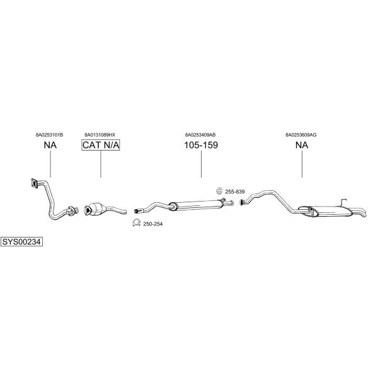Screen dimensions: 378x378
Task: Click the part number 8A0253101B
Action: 49,135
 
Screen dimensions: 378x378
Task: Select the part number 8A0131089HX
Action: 100,135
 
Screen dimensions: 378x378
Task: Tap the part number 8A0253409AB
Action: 200,135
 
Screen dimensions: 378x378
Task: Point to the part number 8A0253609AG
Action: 301,135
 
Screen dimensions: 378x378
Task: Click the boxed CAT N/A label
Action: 101,145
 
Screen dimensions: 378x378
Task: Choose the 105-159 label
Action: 201,145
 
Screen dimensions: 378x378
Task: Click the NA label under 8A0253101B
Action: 50,145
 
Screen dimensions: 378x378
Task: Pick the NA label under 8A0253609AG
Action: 302,145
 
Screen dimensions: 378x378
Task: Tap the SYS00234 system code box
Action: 21,241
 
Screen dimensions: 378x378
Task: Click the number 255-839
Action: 235,192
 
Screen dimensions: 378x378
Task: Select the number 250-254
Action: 153,224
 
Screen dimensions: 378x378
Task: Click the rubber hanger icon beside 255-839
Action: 219,191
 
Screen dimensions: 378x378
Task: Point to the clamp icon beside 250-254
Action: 137,223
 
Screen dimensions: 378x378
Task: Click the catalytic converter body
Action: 96,209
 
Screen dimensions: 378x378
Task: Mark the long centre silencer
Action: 196,205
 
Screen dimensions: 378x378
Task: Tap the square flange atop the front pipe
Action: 34,183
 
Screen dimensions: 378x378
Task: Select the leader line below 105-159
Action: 202,164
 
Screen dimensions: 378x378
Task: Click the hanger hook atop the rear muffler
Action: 343,202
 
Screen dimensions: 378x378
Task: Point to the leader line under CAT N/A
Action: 101,164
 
